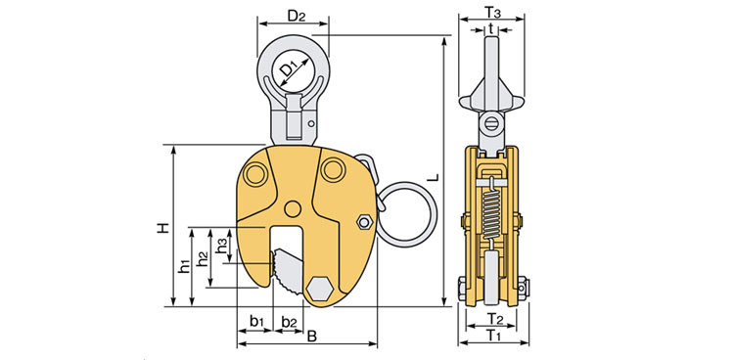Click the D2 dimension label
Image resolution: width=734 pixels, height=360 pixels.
[x=296, y=17]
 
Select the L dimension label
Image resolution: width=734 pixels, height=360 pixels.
[x=435, y=177]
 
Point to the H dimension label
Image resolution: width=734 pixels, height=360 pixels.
[x=161, y=228]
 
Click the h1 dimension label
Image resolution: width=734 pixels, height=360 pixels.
[x=185, y=266]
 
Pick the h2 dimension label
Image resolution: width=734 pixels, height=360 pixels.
[x=203, y=258]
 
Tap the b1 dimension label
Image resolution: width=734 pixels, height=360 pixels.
[x=257, y=322]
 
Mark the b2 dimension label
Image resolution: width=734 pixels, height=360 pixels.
[x=289, y=322]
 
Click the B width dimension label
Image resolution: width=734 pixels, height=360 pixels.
[x=312, y=337]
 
